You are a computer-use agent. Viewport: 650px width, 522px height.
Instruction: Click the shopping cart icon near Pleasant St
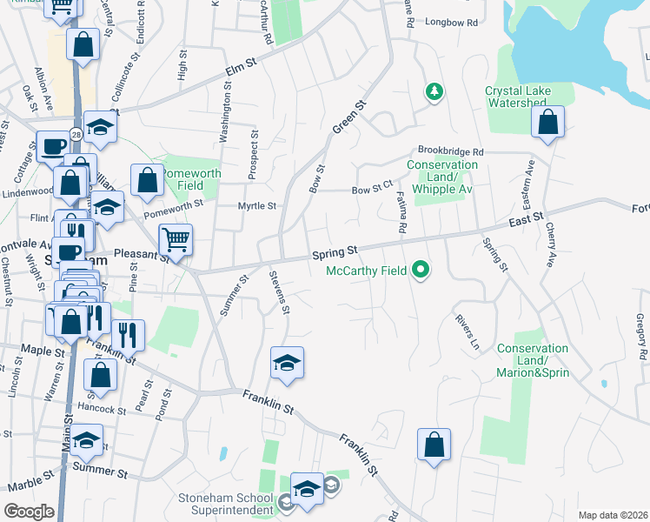coord(176,238)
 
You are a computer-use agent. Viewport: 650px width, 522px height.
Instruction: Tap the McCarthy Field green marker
coord(421,270)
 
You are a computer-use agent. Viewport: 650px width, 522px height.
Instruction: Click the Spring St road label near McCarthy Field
coord(335,253)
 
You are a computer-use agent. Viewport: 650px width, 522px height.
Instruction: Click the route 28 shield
coord(76,134)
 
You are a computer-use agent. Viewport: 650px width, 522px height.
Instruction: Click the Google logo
coord(29,511)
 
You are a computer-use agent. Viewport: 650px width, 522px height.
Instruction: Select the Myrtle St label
coord(257,206)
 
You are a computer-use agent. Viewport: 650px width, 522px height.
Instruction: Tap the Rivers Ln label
coord(467,331)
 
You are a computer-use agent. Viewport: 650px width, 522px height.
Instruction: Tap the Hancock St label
coord(96,406)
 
